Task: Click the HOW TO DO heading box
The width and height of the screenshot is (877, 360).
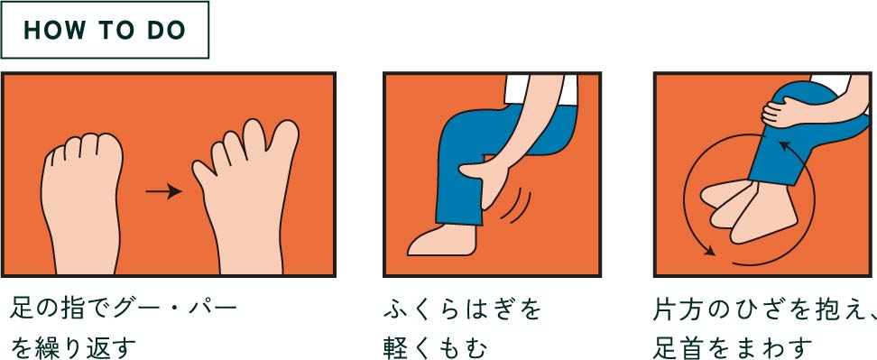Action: pos(105,30)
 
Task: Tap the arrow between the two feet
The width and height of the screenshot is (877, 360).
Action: pos(164,192)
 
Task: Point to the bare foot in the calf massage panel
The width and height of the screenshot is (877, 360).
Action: pos(442,239)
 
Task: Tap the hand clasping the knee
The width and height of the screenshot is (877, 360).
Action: pos(783,112)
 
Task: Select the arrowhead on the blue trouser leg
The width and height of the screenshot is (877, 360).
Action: pos(785,146)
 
